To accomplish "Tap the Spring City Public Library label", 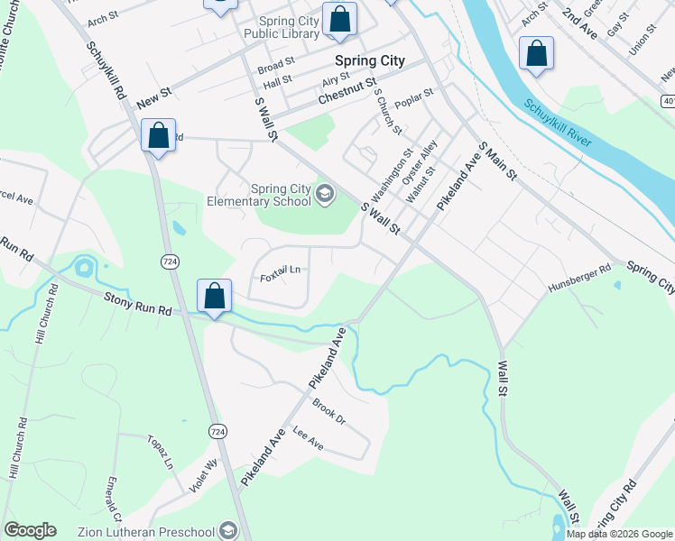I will (x=281, y=27).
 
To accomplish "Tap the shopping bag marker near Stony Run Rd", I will (x=214, y=296).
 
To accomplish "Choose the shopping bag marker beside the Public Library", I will (x=339, y=19).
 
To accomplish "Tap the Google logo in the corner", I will (x=30, y=530).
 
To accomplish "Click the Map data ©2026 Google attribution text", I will (x=618, y=534).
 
